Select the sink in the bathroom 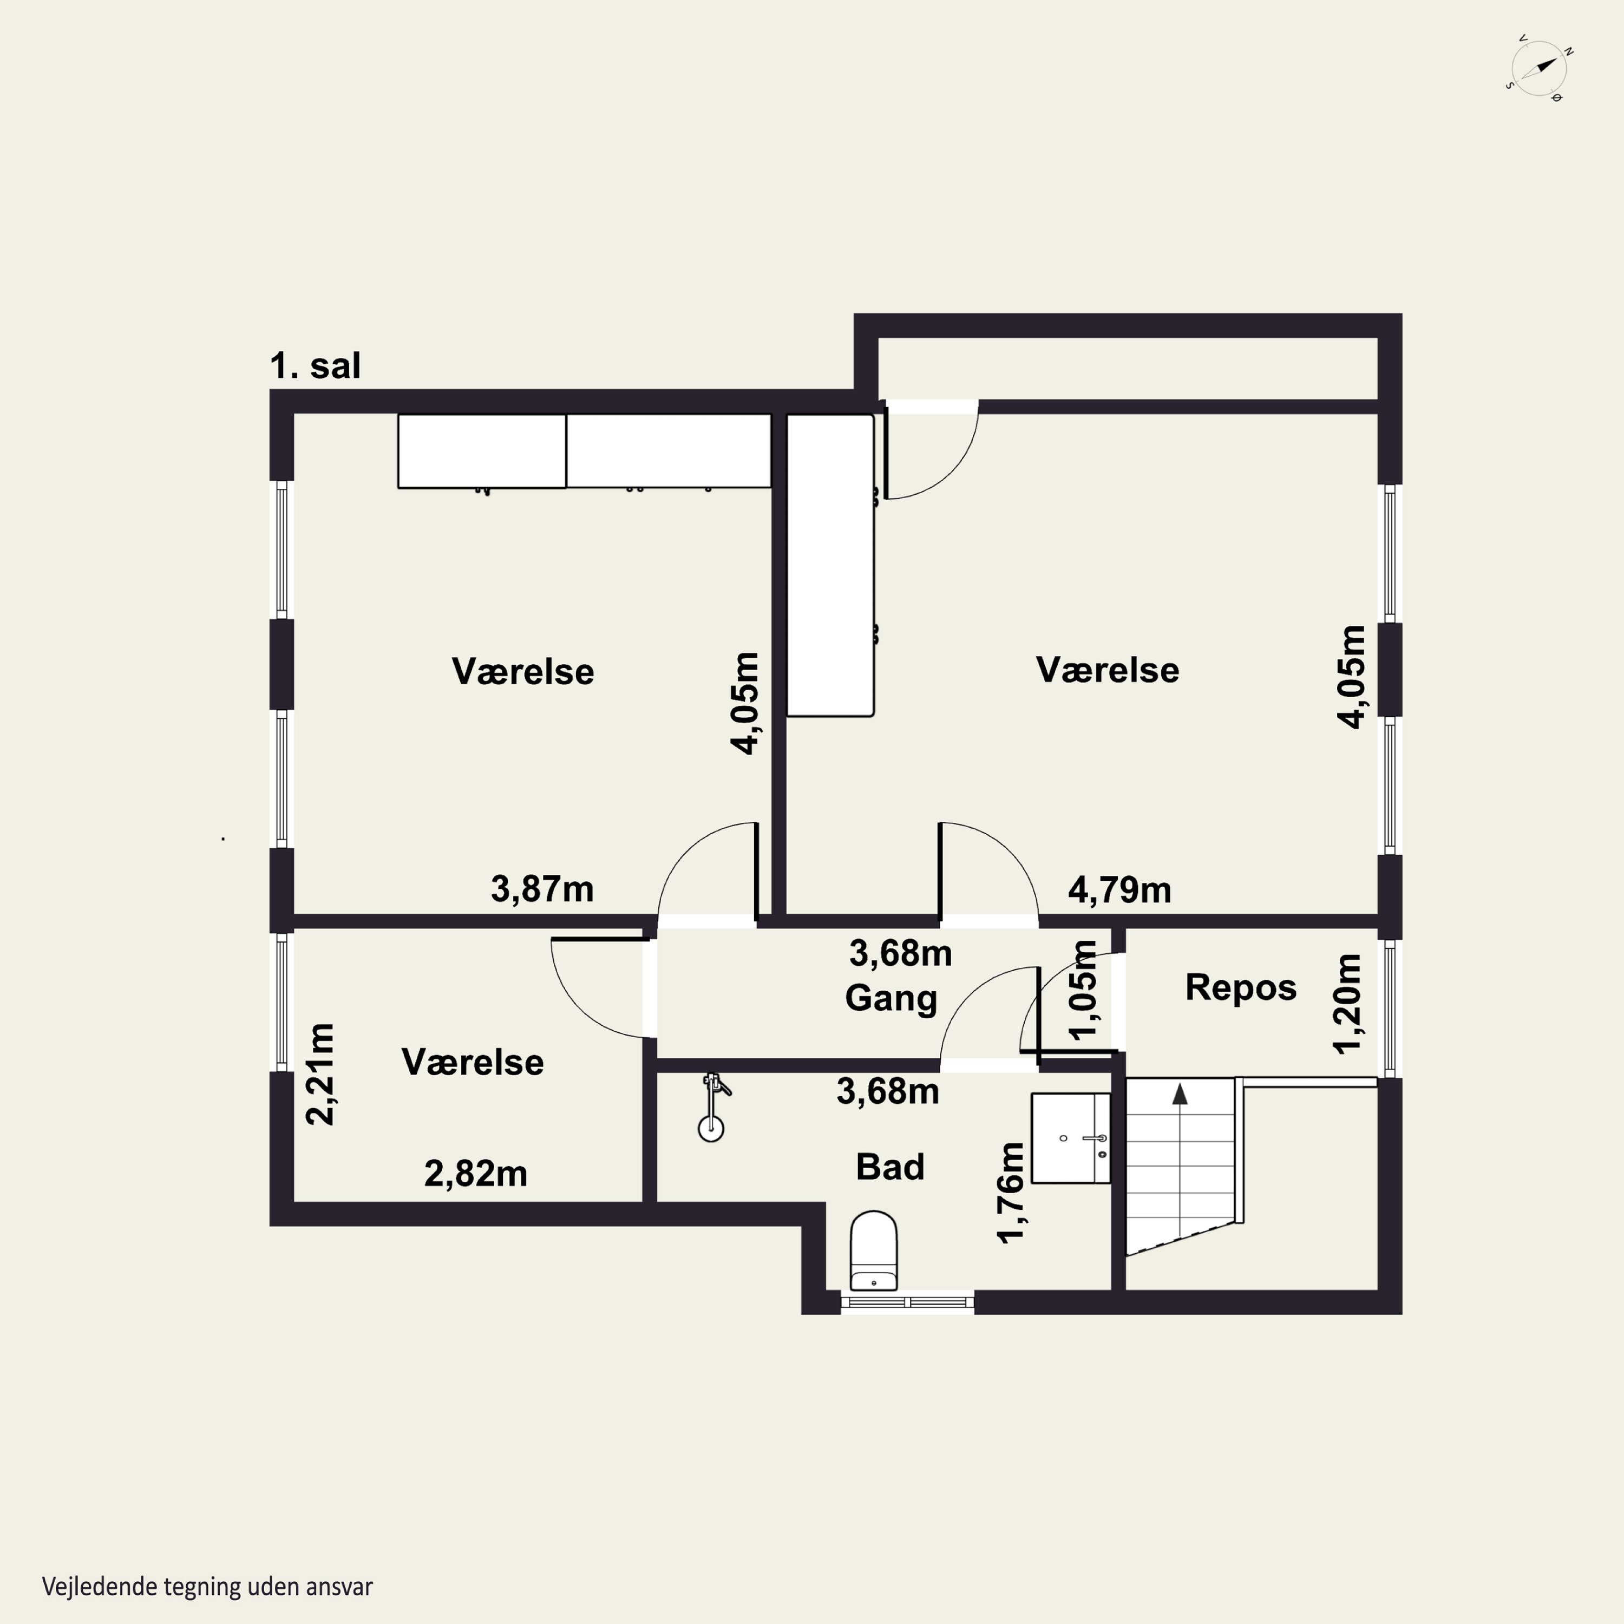point(1070,1138)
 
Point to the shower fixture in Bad point(713,1106)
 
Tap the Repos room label point(1241,988)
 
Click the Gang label point(891,999)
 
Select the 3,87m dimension point(542,889)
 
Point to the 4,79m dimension point(1119,890)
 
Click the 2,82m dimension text point(476,1174)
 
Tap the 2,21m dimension point(320,1074)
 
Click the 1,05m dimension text point(1084,990)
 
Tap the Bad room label point(890,1167)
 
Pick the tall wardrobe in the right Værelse point(830,566)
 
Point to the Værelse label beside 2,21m point(473,1063)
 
